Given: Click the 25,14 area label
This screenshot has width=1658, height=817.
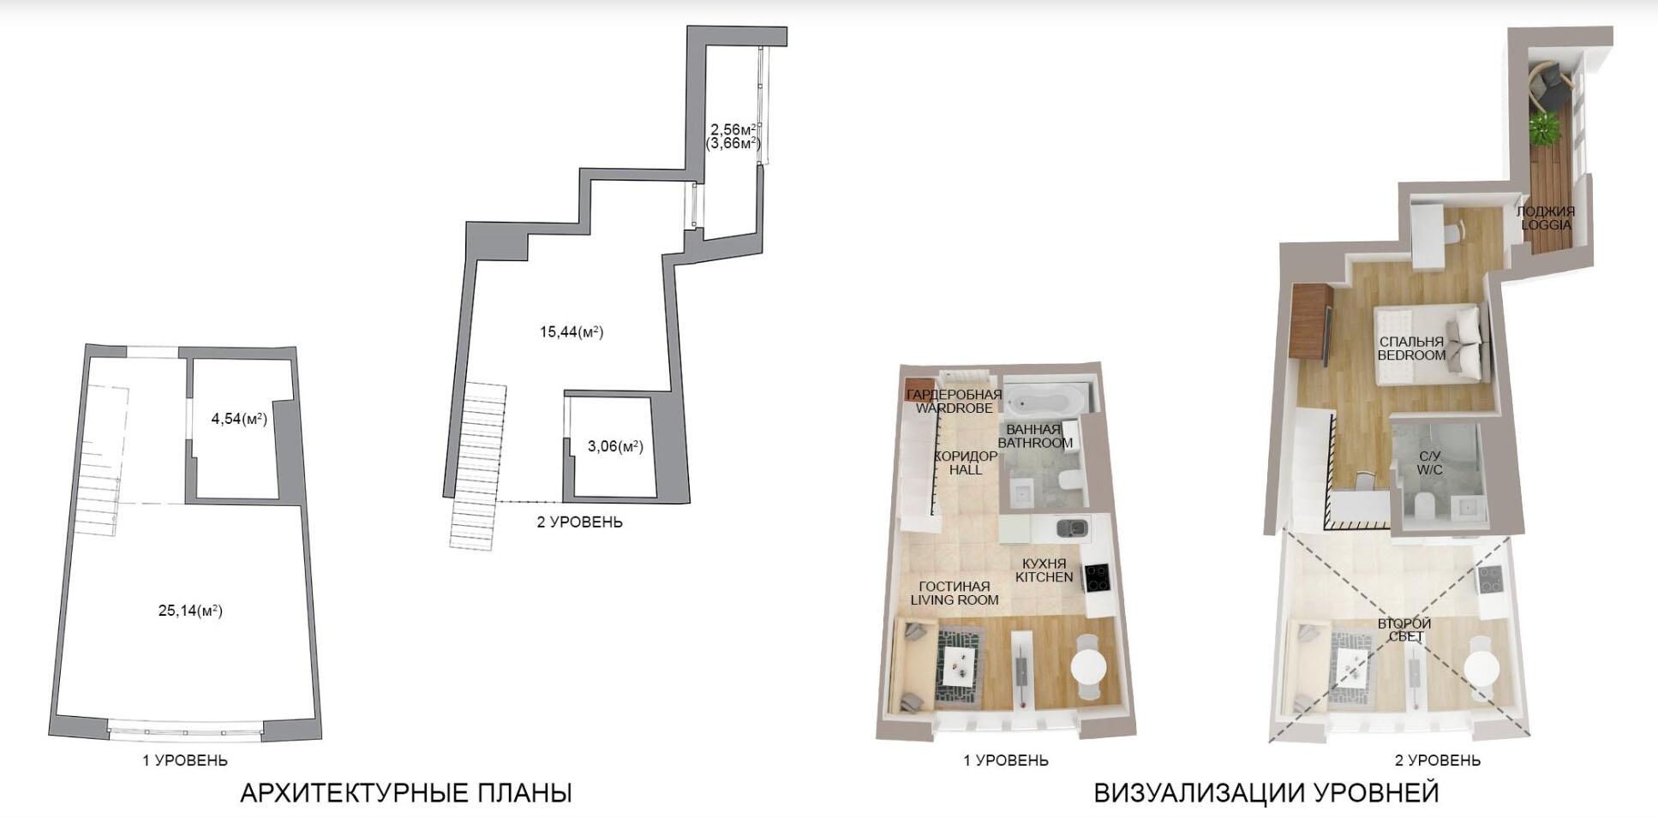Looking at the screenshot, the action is click(x=190, y=611).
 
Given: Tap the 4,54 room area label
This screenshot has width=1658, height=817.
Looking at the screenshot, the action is click(x=239, y=419).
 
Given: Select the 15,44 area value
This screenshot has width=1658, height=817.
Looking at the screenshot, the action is click(x=572, y=331).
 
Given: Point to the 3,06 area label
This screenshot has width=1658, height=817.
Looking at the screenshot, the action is click(x=615, y=445).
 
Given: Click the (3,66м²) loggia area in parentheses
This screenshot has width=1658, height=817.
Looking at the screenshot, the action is click(x=733, y=144).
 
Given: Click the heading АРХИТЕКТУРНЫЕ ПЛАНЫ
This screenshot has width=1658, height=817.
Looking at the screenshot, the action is click(x=406, y=793).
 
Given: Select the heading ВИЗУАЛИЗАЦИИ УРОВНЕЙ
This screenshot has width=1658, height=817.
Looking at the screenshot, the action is click(x=1266, y=793).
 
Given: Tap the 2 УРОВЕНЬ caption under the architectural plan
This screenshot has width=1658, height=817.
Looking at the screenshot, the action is click(x=580, y=522).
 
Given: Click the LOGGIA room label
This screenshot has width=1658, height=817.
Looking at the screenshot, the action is click(x=1546, y=224).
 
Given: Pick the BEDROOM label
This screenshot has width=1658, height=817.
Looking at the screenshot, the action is click(x=1411, y=355).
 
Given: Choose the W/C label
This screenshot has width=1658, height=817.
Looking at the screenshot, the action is click(x=1429, y=470).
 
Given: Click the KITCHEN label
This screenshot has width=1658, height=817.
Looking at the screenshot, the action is click(x=1044, y=577).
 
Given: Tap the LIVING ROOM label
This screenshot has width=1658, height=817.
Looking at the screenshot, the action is click(x=955, y=599).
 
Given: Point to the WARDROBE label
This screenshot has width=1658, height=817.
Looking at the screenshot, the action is click(x=954, y=408).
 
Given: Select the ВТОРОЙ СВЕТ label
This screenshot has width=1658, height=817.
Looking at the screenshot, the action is click(x=1404, y=629).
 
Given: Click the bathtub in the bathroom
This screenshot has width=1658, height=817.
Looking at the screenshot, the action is click(x=1045, y=399).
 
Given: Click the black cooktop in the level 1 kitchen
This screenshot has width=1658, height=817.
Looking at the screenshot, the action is click(x=1097, y=579).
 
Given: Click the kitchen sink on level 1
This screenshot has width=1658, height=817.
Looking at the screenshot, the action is click(x=1071, y=528).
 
